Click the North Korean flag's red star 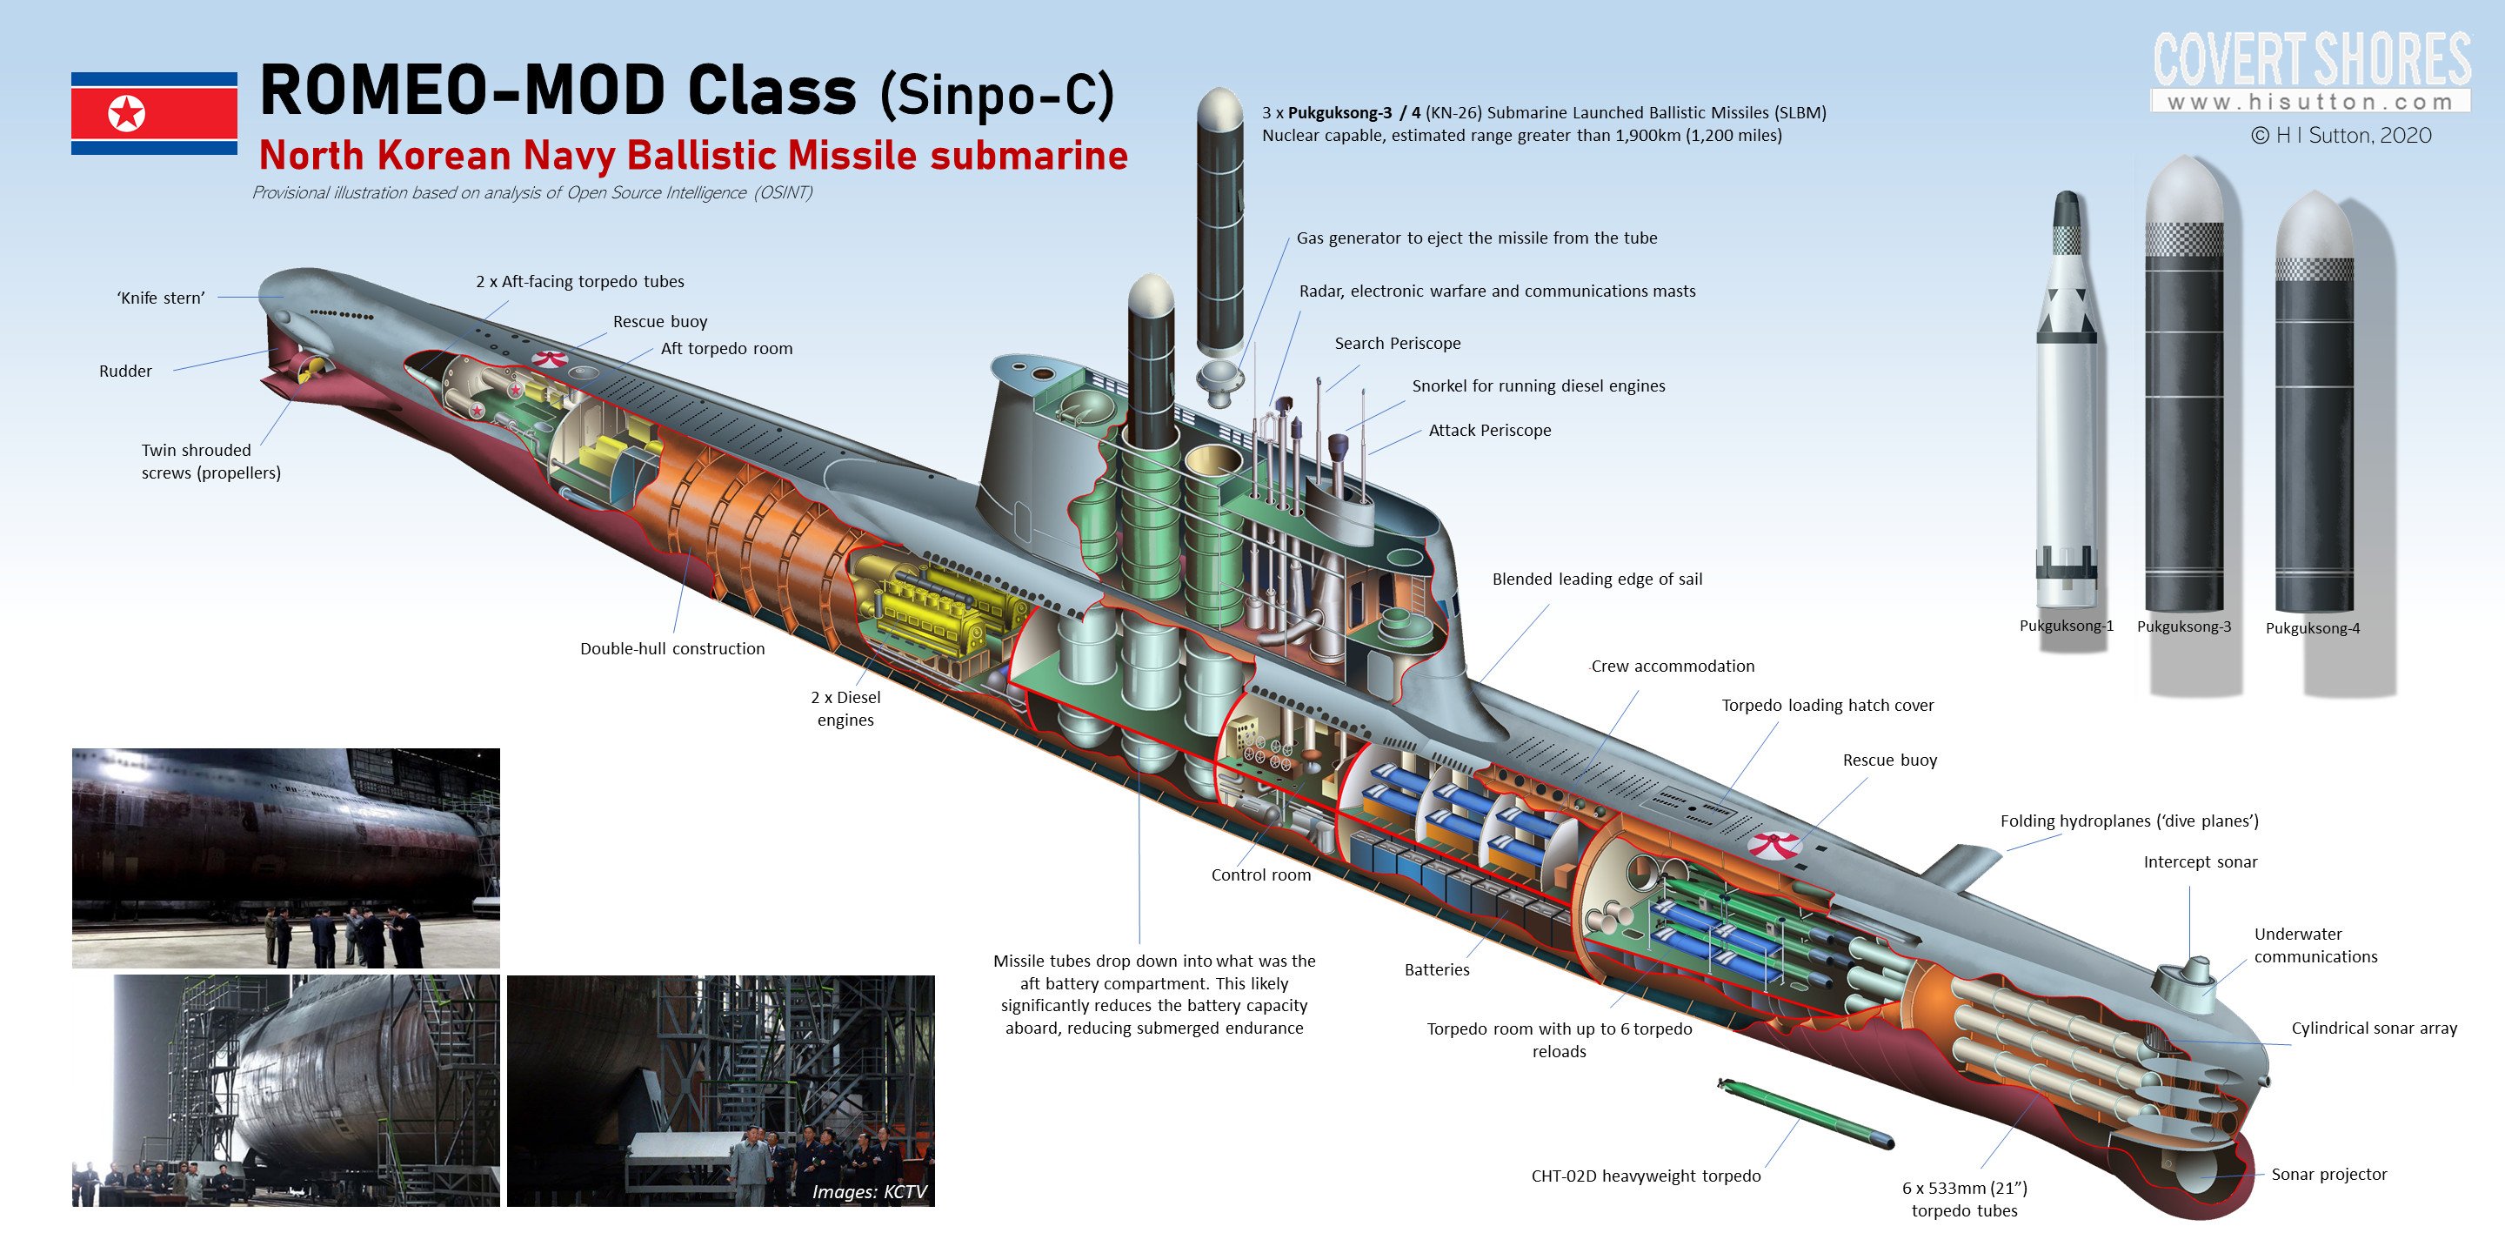click(126, 114)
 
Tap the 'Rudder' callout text click(125, 371)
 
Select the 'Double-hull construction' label click(672, 649)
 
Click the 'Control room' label click(1260, 874)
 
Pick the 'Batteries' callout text click(1436, 969)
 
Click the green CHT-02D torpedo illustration click(1804, 1114)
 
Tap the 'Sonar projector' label click(2328, 1174)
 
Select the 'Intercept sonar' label click(2200, 862)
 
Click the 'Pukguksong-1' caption click(2066, 626)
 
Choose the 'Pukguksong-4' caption click(2312, 627)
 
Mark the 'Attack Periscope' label click(1489, 430)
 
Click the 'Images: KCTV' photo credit click(868, 1192)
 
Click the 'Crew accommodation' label click(1673, 667)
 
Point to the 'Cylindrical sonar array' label click(2373, 1029)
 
